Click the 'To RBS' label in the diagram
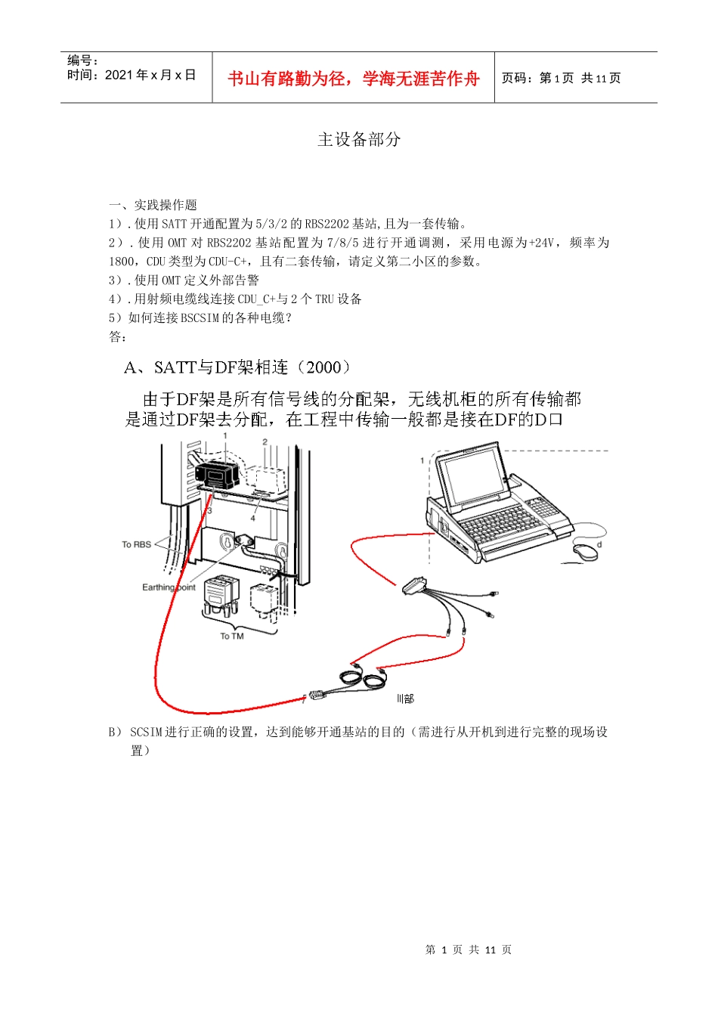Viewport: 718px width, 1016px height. coord(136,544)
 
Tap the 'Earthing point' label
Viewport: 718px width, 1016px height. coord(169,587)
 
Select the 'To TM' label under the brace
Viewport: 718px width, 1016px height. coord(232,637)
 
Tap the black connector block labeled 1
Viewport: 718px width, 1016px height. coord(217,475)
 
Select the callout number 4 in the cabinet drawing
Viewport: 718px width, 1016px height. coord(253,519)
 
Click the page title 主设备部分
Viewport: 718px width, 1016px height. coord(359,139)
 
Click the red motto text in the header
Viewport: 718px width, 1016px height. coord(353,79)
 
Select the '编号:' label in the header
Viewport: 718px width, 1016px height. coord(82,60)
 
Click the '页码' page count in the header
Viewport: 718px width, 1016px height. coord(561,78)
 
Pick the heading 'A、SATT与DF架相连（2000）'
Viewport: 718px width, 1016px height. coord(238,367)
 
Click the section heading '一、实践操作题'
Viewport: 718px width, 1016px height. coord(153,205)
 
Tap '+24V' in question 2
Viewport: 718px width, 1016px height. coord(541,243)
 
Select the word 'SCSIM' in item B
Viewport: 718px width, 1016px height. coord(146,732)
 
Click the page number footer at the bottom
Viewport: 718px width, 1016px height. coord(468,949)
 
